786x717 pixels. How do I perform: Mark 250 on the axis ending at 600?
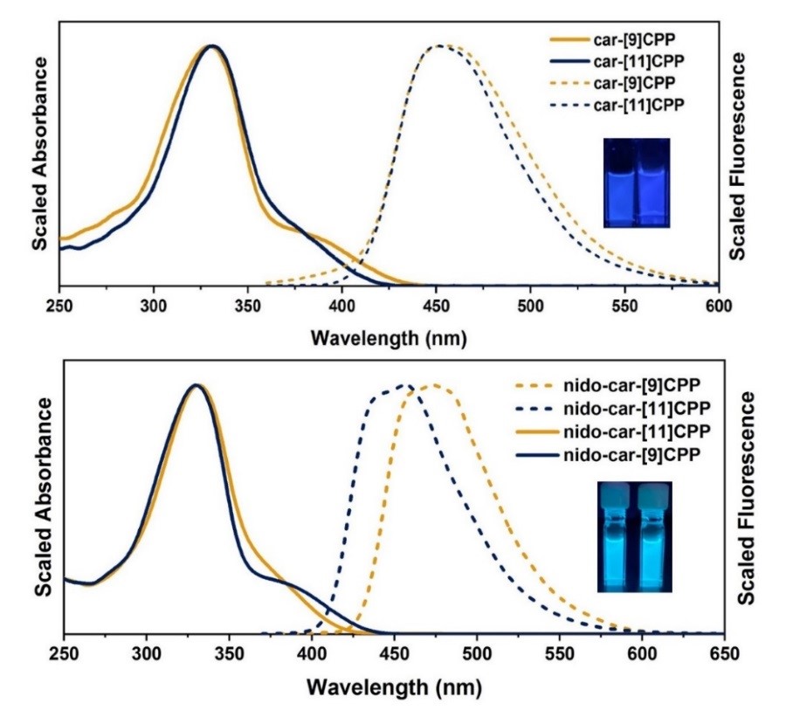coord(59,306)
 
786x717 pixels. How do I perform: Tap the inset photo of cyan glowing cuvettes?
coord(636,536)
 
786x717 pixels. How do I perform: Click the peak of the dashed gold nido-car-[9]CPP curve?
coord(429,385)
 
